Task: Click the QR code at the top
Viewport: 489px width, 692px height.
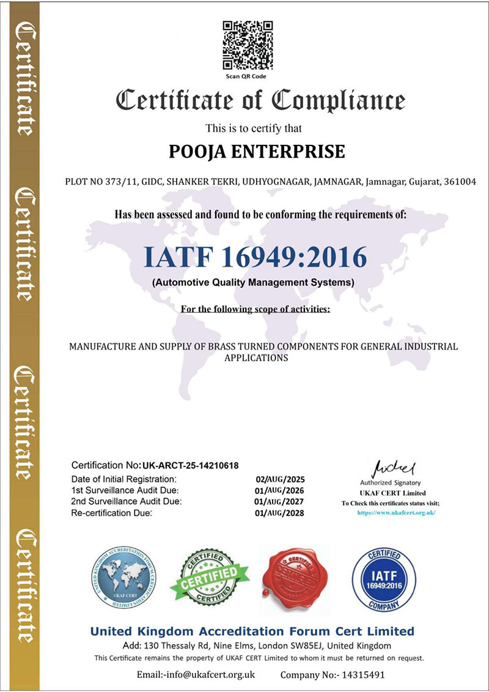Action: pos(247,45)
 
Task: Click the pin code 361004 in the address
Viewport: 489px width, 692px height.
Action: pos(462,182)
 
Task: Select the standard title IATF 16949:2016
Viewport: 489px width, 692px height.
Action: pos(256,257)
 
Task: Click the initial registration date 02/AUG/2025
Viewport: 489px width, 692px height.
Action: pos(280,479)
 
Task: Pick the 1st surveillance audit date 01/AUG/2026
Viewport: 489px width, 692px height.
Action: pos(280,490)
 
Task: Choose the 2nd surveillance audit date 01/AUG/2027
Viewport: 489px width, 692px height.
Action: pos(280,501)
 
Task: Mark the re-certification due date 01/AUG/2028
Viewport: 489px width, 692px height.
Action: pos(280,513)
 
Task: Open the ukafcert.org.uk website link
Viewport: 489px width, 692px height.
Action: pos(396,512)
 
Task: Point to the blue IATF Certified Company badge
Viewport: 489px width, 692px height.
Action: pos(375,576)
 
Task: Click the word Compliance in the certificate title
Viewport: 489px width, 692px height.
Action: pos(338,100)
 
